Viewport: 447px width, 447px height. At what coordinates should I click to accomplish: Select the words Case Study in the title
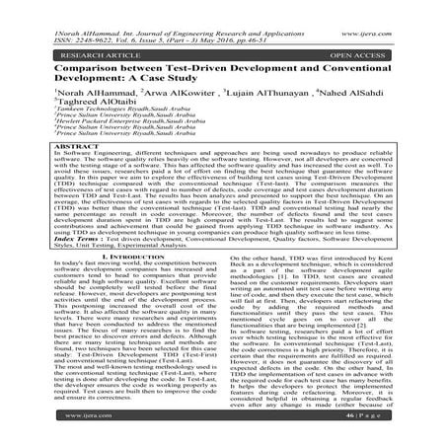click(x=208, y=70)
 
